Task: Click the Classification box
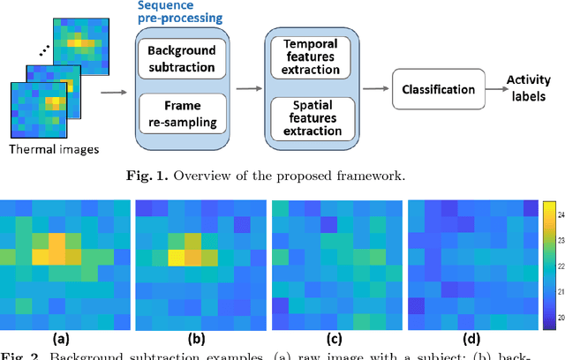(439, 89)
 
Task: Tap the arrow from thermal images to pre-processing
(111, 89)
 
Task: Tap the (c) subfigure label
(335, 337)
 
